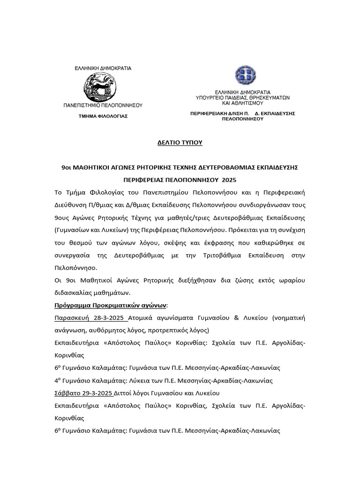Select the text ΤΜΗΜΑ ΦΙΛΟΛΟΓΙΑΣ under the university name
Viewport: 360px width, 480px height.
[x=103, y=115]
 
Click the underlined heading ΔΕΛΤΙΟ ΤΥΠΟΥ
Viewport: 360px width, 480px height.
[x=180, y=142]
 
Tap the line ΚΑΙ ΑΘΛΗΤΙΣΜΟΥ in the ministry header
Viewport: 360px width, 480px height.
[x=242, y=103]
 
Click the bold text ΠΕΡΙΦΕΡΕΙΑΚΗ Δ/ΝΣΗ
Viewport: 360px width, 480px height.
[x=219, y=113]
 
